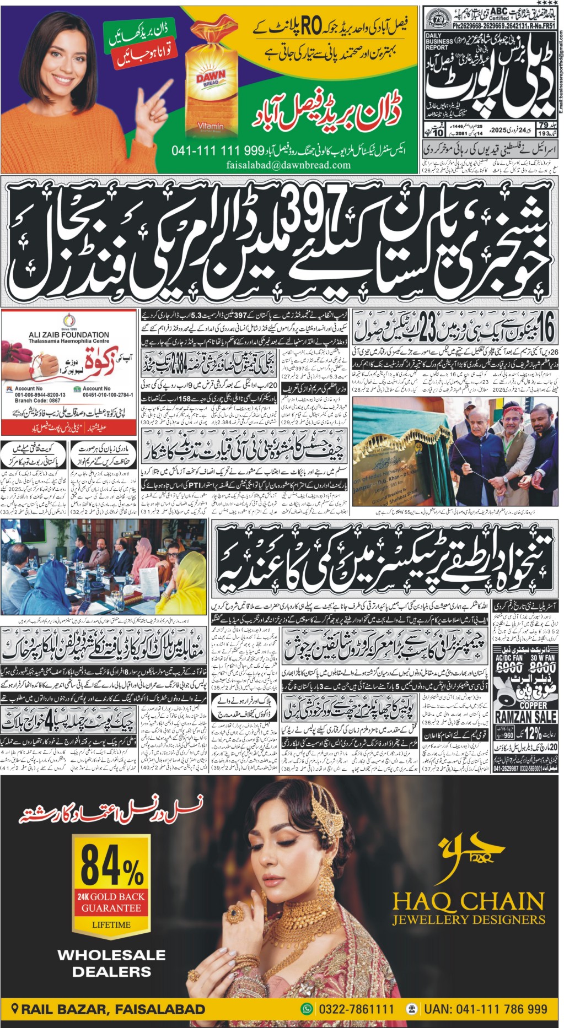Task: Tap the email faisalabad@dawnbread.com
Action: pos(288,165)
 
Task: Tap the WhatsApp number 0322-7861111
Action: pos(354,1009)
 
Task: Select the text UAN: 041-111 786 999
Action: pos(485,1009)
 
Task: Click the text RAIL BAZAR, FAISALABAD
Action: pos(112,1009)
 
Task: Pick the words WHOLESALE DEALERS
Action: pos(111,963)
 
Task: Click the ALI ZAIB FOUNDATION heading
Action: pos(69,334)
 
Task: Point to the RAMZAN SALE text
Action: pos(526,717)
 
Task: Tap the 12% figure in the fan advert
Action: pos(533,733)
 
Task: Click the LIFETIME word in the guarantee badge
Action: pos(111,924)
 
